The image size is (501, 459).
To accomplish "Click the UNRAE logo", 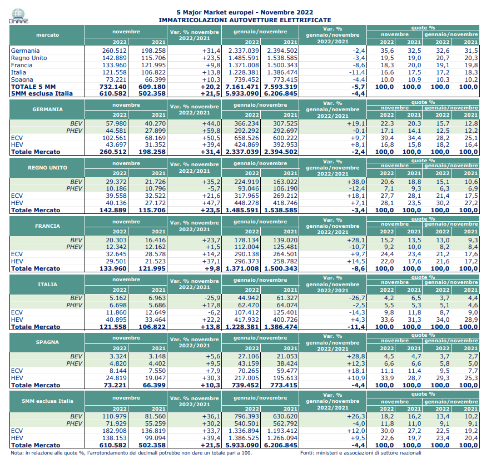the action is coord(18,16).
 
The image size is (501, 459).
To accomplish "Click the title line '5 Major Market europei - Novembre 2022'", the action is coord(245,12).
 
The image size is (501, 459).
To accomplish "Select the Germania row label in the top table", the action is coord(25,51).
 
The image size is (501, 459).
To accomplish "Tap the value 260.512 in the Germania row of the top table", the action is coord(115,51).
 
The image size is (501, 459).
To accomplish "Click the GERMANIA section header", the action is coord(47,109).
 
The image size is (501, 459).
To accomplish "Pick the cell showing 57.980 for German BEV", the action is coord(116,123).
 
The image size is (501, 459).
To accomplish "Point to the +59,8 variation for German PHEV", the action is coord(211,131).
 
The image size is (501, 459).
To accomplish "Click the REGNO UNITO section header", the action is coord(47,168).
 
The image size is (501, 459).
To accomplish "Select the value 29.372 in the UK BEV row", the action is coord(116,182).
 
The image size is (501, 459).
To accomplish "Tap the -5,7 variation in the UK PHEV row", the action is coord(213,189).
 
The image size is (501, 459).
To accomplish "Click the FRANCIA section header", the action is coord(47,226).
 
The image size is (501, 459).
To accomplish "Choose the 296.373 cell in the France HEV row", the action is coord(247,261).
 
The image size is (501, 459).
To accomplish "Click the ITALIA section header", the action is coord(47,285).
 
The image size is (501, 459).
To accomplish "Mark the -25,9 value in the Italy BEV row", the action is coord(212,298).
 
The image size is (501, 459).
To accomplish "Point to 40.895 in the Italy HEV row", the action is coord(116,320).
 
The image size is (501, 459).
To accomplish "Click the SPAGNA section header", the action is coord(47,342).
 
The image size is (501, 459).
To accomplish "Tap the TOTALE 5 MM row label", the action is coord(33,87).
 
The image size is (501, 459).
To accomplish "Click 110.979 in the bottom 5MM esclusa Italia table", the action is coord(115,417).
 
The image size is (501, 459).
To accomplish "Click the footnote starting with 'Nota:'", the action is coord(131,453).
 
